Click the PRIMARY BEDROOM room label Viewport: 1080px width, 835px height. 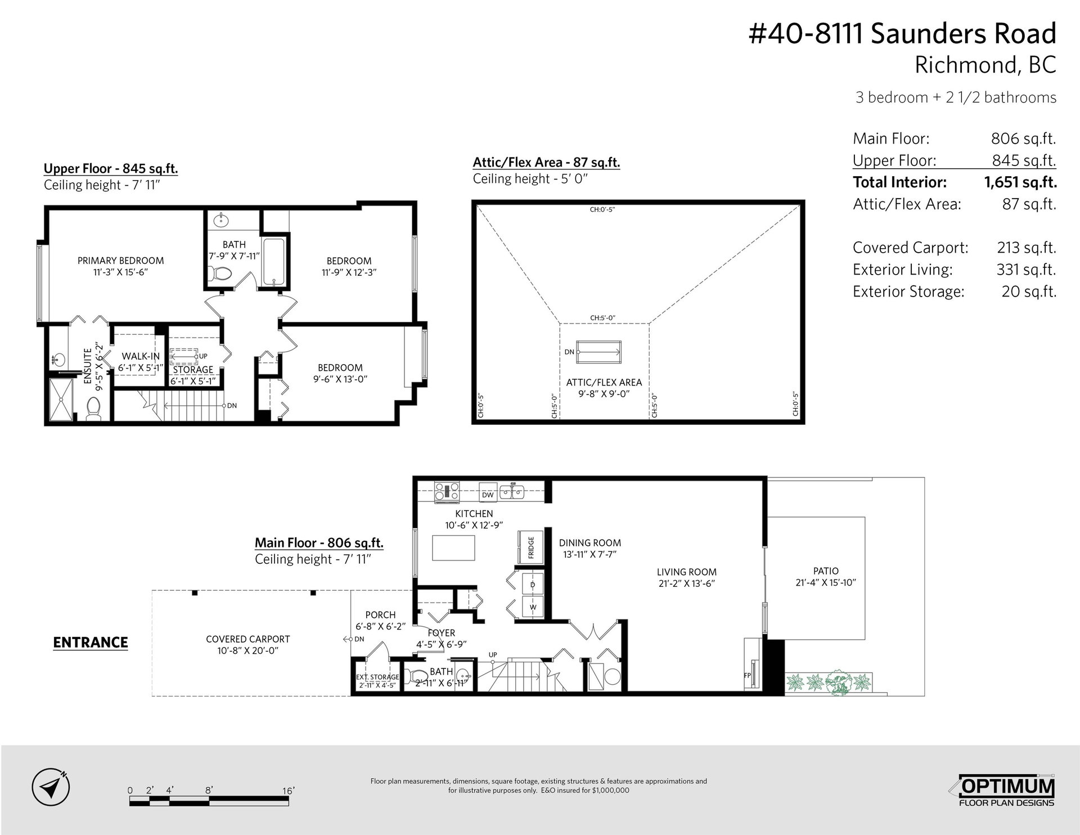pos(120,261)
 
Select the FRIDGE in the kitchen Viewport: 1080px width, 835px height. pos(530,546)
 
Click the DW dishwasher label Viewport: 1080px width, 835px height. pos(488,495)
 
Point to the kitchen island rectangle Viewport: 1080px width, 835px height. pos(453,547)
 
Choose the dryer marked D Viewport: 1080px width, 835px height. pos(533,585)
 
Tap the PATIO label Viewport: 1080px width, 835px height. pos(826,571)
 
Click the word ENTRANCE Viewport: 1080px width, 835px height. pos(91,643)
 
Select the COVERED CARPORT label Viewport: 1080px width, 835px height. pos(247,639)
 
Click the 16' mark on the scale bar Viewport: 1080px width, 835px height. pos(288,791)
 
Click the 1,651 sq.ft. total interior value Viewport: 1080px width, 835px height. pos(1020,182)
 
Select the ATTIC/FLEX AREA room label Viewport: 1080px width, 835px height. pos(604,383)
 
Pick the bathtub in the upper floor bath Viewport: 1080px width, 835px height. pos(275,262)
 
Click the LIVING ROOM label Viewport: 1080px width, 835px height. pos(686,572)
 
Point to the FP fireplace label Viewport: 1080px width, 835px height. pos(748,675)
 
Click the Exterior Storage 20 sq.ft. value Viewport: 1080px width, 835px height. pos(1029,291)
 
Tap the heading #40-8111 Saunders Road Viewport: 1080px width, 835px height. pos(902,34)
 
